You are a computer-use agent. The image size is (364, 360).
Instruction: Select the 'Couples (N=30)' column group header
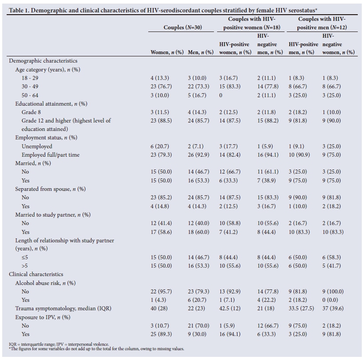182,27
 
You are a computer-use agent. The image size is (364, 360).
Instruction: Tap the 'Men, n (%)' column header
201,52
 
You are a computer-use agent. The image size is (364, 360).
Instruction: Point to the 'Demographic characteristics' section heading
43,61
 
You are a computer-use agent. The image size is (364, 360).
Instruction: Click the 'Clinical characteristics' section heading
36,274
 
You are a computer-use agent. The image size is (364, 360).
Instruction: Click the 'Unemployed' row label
37,146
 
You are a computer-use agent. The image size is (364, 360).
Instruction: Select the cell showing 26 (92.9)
201,154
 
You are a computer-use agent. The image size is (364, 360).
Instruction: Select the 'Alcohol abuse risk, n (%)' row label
47,283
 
